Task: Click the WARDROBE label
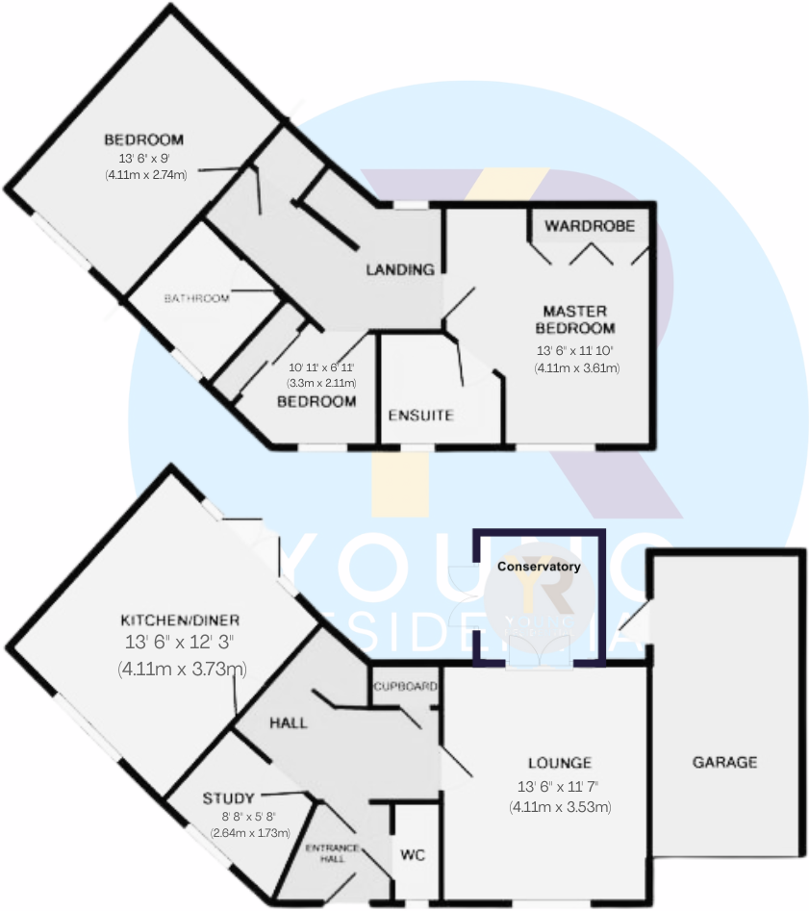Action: [x=590, y=227]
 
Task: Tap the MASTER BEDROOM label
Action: [x=575, y=319]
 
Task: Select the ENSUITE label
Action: [x=419, y=416]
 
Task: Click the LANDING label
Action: [x=400, y=269]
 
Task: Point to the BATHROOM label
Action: [x=196, y=298]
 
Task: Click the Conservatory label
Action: [x=539, y=567]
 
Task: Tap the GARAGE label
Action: [x=725, y=762]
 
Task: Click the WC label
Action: [x=414, y=854]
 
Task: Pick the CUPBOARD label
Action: [x=405, y=687]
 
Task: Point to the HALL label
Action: [x=289, y=721]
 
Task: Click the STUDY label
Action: [x=229, y=798]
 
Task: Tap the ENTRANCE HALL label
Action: [x=333, y=853]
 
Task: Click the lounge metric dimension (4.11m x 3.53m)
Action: [x=560, y=807]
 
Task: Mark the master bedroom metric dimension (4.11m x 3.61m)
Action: [x=576, y=367]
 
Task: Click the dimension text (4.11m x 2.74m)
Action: [x=145, y=174]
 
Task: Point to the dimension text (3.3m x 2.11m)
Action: [x=322, y=382]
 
